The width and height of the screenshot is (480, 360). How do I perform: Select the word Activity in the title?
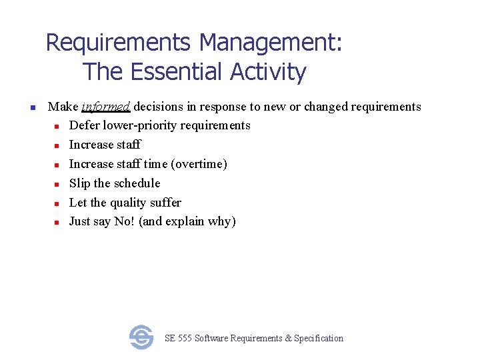click(268, 71)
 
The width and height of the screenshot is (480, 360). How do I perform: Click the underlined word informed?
click(106, 107)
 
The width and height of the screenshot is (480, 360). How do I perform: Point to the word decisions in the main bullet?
click(160, 107)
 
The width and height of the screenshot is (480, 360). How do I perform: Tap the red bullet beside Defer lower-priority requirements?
click(58, 126)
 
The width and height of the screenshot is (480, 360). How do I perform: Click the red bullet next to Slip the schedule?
click(58, 184)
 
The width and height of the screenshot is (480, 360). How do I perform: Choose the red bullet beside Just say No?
click(58, 222)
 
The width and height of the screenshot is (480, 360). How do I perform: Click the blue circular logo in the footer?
click(141, 337)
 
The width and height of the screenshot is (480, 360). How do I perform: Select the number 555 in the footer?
click(185, 339)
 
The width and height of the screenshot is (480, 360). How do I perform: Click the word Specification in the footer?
click(319, 339)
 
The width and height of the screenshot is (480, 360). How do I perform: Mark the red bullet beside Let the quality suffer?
click(58, 203)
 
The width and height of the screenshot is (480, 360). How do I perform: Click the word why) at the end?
click(222, 222)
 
